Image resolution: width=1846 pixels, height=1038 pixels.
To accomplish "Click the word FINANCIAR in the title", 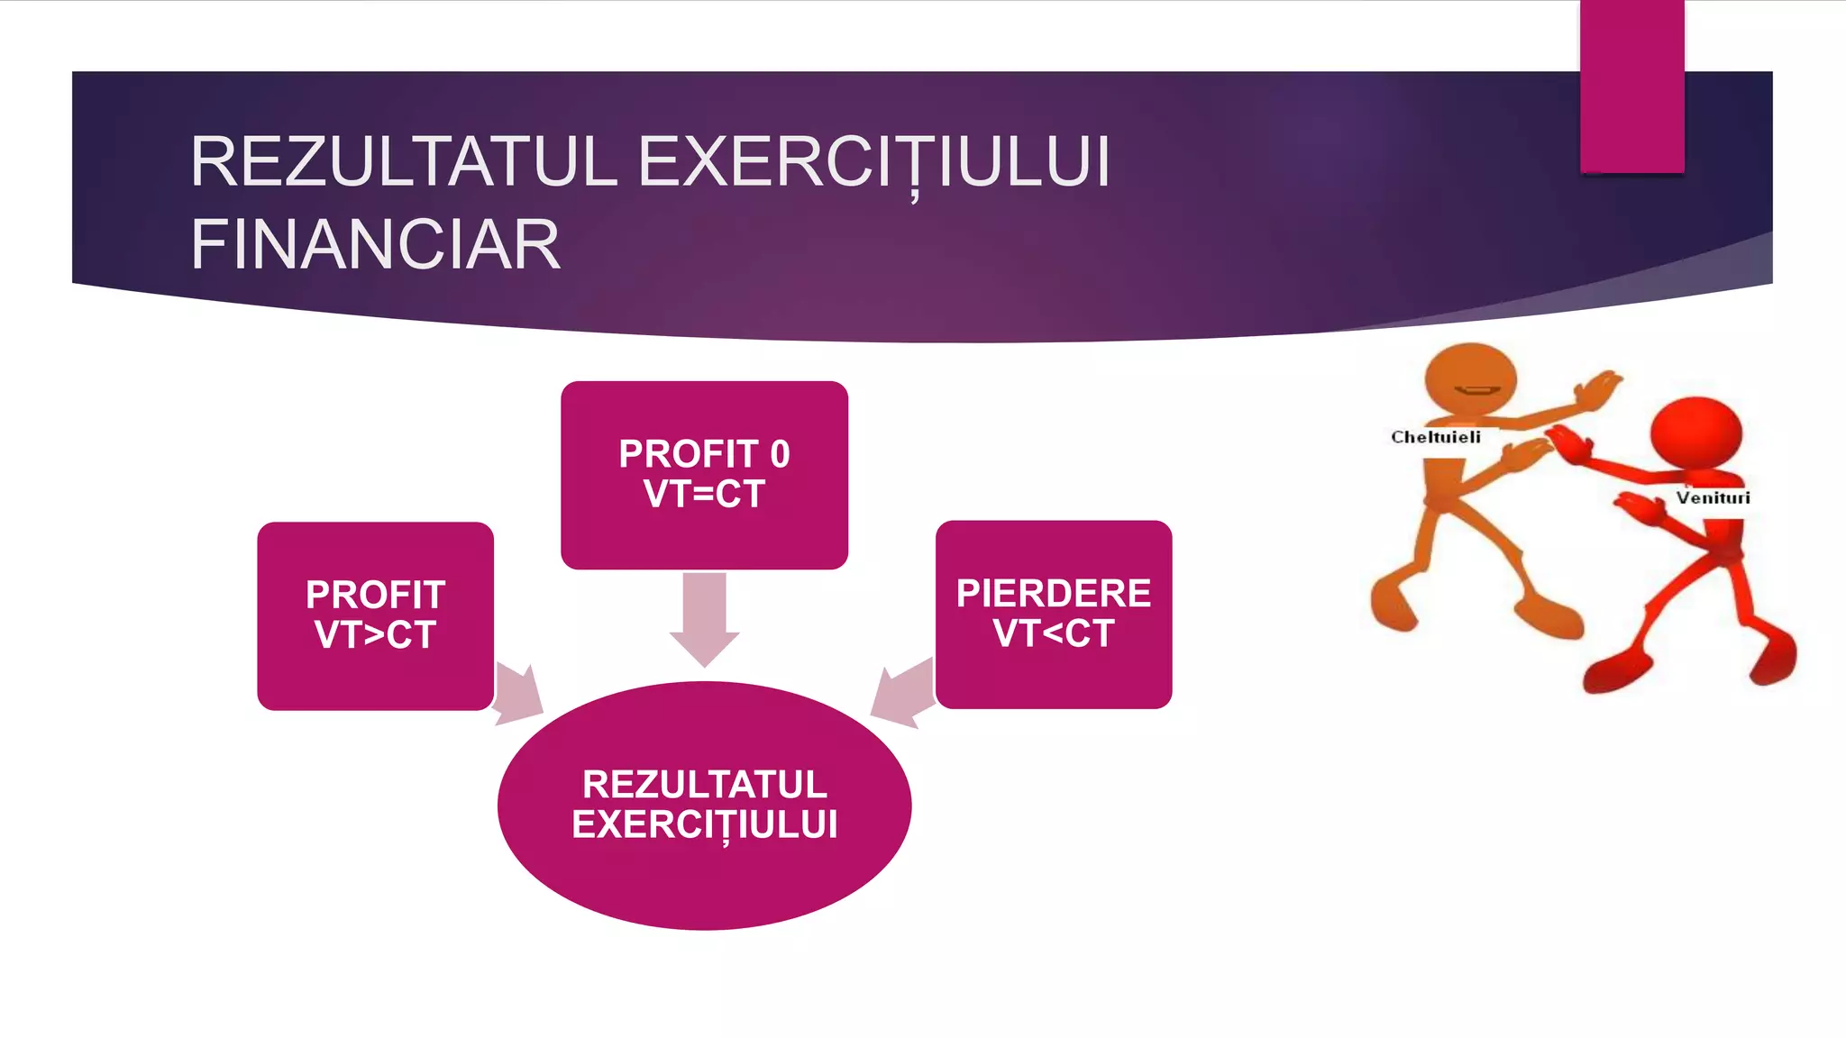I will (375, 245).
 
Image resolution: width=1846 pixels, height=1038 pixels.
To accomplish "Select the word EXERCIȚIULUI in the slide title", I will (873, 163).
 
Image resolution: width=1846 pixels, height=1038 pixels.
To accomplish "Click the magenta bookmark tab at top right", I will (1631, 86).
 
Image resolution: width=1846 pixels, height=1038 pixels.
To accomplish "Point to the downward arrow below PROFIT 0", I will (704, 618).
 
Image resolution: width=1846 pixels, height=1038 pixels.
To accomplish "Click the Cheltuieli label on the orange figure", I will (1435, 438).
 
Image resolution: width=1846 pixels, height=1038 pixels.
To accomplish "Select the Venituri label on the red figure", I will (1713, 498).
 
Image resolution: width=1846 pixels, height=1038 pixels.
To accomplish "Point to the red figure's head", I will (1695, 431).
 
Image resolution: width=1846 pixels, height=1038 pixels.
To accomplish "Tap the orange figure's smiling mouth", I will (1476, 391).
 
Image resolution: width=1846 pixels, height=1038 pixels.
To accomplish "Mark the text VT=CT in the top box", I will (704, 495).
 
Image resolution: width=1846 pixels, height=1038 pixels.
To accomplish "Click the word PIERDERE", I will (1054, 594).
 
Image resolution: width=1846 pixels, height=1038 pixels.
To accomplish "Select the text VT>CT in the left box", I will (375, 635).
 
